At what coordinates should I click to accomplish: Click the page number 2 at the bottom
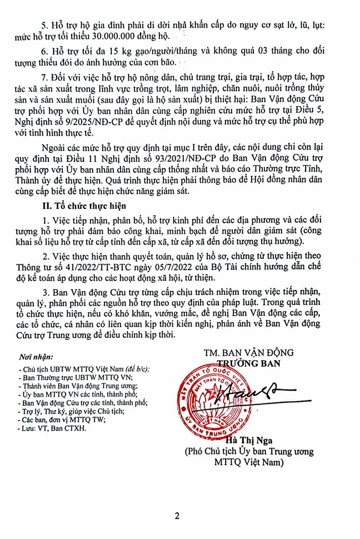pyautogui.click(x=177, y=516)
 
